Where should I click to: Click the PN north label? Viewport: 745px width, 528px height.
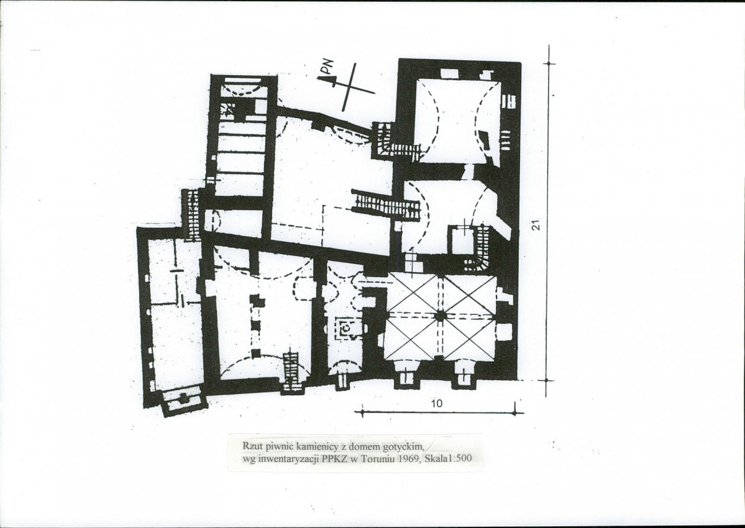coord(328,67)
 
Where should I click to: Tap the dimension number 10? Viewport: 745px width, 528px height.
coord(436,404)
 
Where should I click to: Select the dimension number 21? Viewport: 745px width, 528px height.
coord(536,225)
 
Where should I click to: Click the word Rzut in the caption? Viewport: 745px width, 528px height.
coord(252,447)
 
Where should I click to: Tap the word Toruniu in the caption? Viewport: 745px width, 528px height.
coord(380,458)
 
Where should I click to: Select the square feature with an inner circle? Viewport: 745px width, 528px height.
coord(347,327)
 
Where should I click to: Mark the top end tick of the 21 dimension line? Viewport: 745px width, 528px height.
coord(549,63)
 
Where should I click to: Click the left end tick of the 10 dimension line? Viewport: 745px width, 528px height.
coord(362,412)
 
